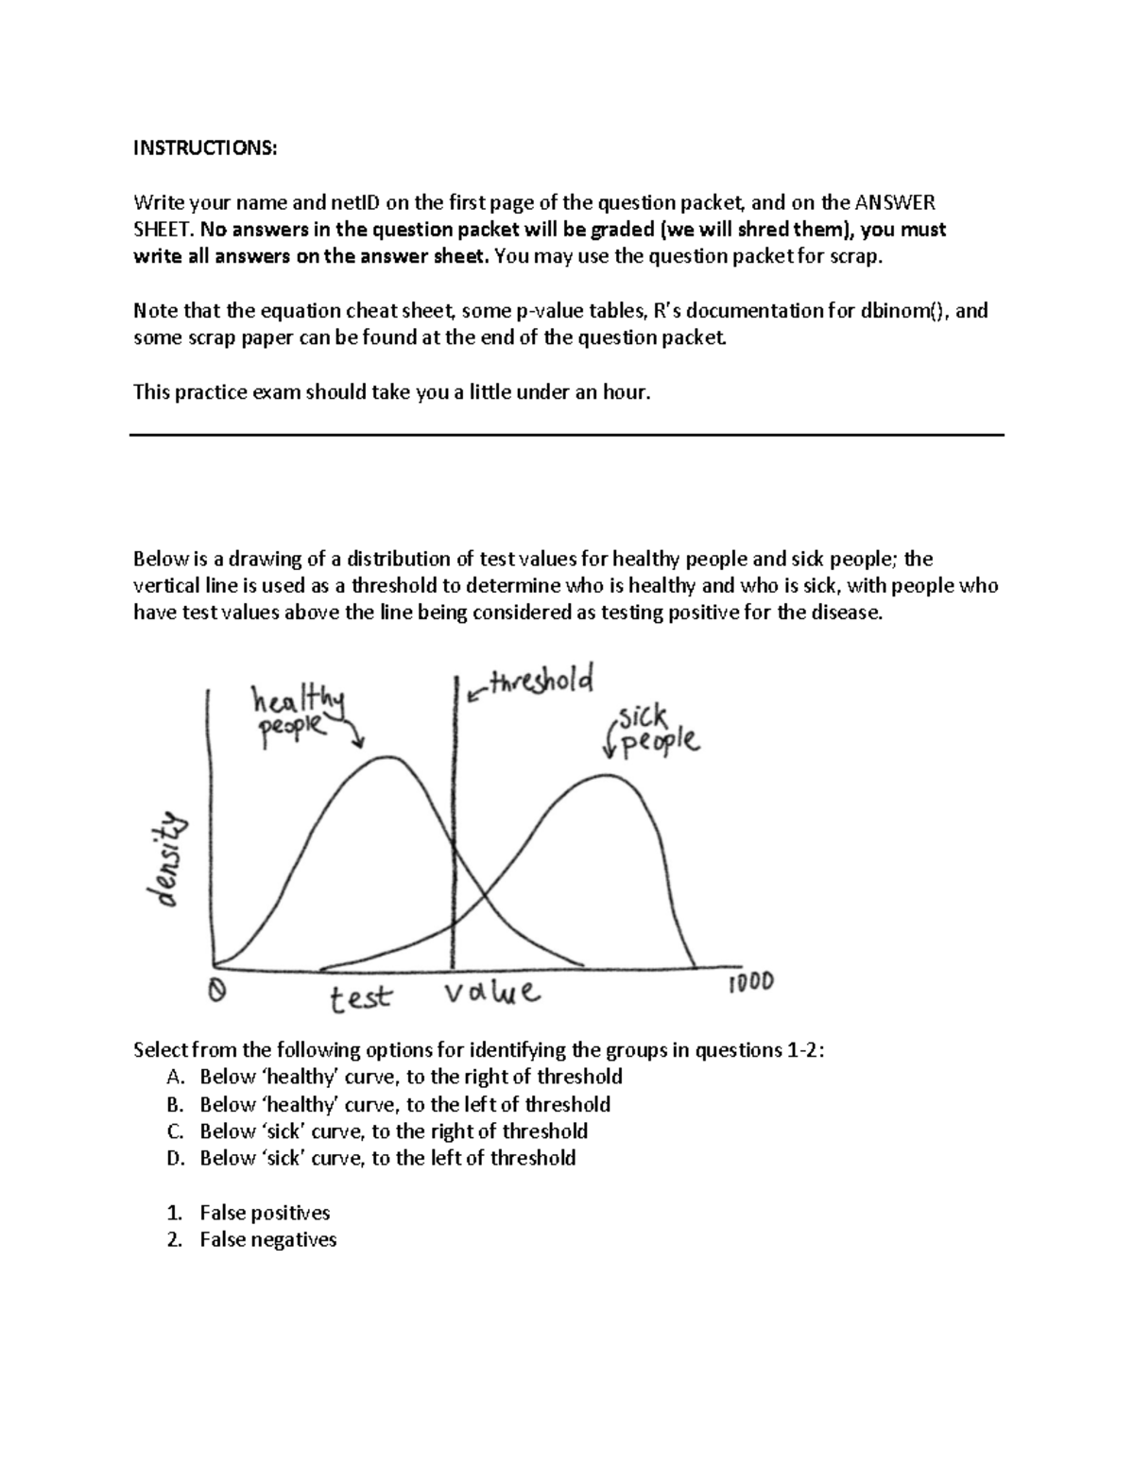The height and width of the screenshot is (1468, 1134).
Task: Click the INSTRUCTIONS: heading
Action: tap(205, 147)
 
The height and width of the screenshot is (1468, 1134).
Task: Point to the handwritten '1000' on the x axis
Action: tap(750, 982)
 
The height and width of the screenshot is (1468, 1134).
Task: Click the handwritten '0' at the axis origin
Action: tap(216, 990)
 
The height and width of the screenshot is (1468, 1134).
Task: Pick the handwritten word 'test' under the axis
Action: tap(360, 997)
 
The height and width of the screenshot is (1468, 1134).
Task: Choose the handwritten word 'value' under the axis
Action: tap(491, 993)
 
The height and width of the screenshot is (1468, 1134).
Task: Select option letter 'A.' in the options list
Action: tap(173, 1077)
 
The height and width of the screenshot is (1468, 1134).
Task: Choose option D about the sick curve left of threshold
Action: tap(387, 1158)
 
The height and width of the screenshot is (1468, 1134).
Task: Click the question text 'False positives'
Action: tap(265, 1213)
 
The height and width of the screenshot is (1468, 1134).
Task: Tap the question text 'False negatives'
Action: tap(267, 1239)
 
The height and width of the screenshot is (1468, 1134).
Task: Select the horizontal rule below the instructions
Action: tap(566, 435)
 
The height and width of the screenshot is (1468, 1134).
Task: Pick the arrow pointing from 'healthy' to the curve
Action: tap(353, 731)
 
